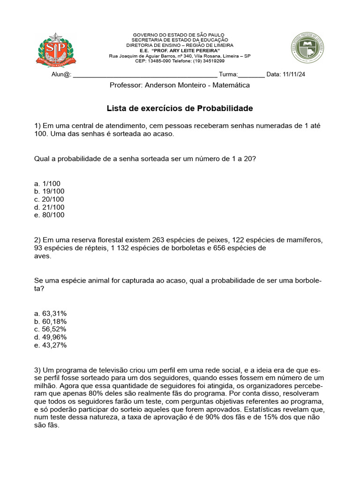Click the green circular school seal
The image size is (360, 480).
coord(307,48)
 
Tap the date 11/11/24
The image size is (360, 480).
coord(294,75)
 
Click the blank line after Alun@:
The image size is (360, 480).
coord(145,75)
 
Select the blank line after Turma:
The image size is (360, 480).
coord(252,75)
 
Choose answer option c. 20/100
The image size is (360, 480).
coord(49,199)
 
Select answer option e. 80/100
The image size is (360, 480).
coord(49,215)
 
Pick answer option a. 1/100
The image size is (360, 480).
coord(47,183)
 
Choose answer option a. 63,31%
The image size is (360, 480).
coord(51,314)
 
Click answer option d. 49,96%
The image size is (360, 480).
coord(51,337)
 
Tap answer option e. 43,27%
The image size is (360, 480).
coord(51,345)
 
